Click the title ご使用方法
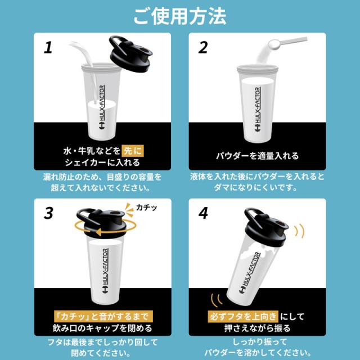[x=180, y=16]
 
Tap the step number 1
[x=48, y=47]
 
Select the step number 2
[x=203, y=47]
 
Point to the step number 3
[x=48, y=213]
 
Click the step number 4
[x=203, y=213]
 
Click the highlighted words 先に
[x=133, y=151]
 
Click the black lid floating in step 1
[x=130, y=53]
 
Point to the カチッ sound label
[x=146, y=208]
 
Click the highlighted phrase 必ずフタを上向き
[x=243, y=317]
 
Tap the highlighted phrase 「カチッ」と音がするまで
[x=103, y=317]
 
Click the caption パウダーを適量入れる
[x=258, y=156]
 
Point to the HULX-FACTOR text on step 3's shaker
[x=105, y=267]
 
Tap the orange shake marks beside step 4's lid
[x=299, y=231]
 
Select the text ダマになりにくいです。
[x=255, y=187]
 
